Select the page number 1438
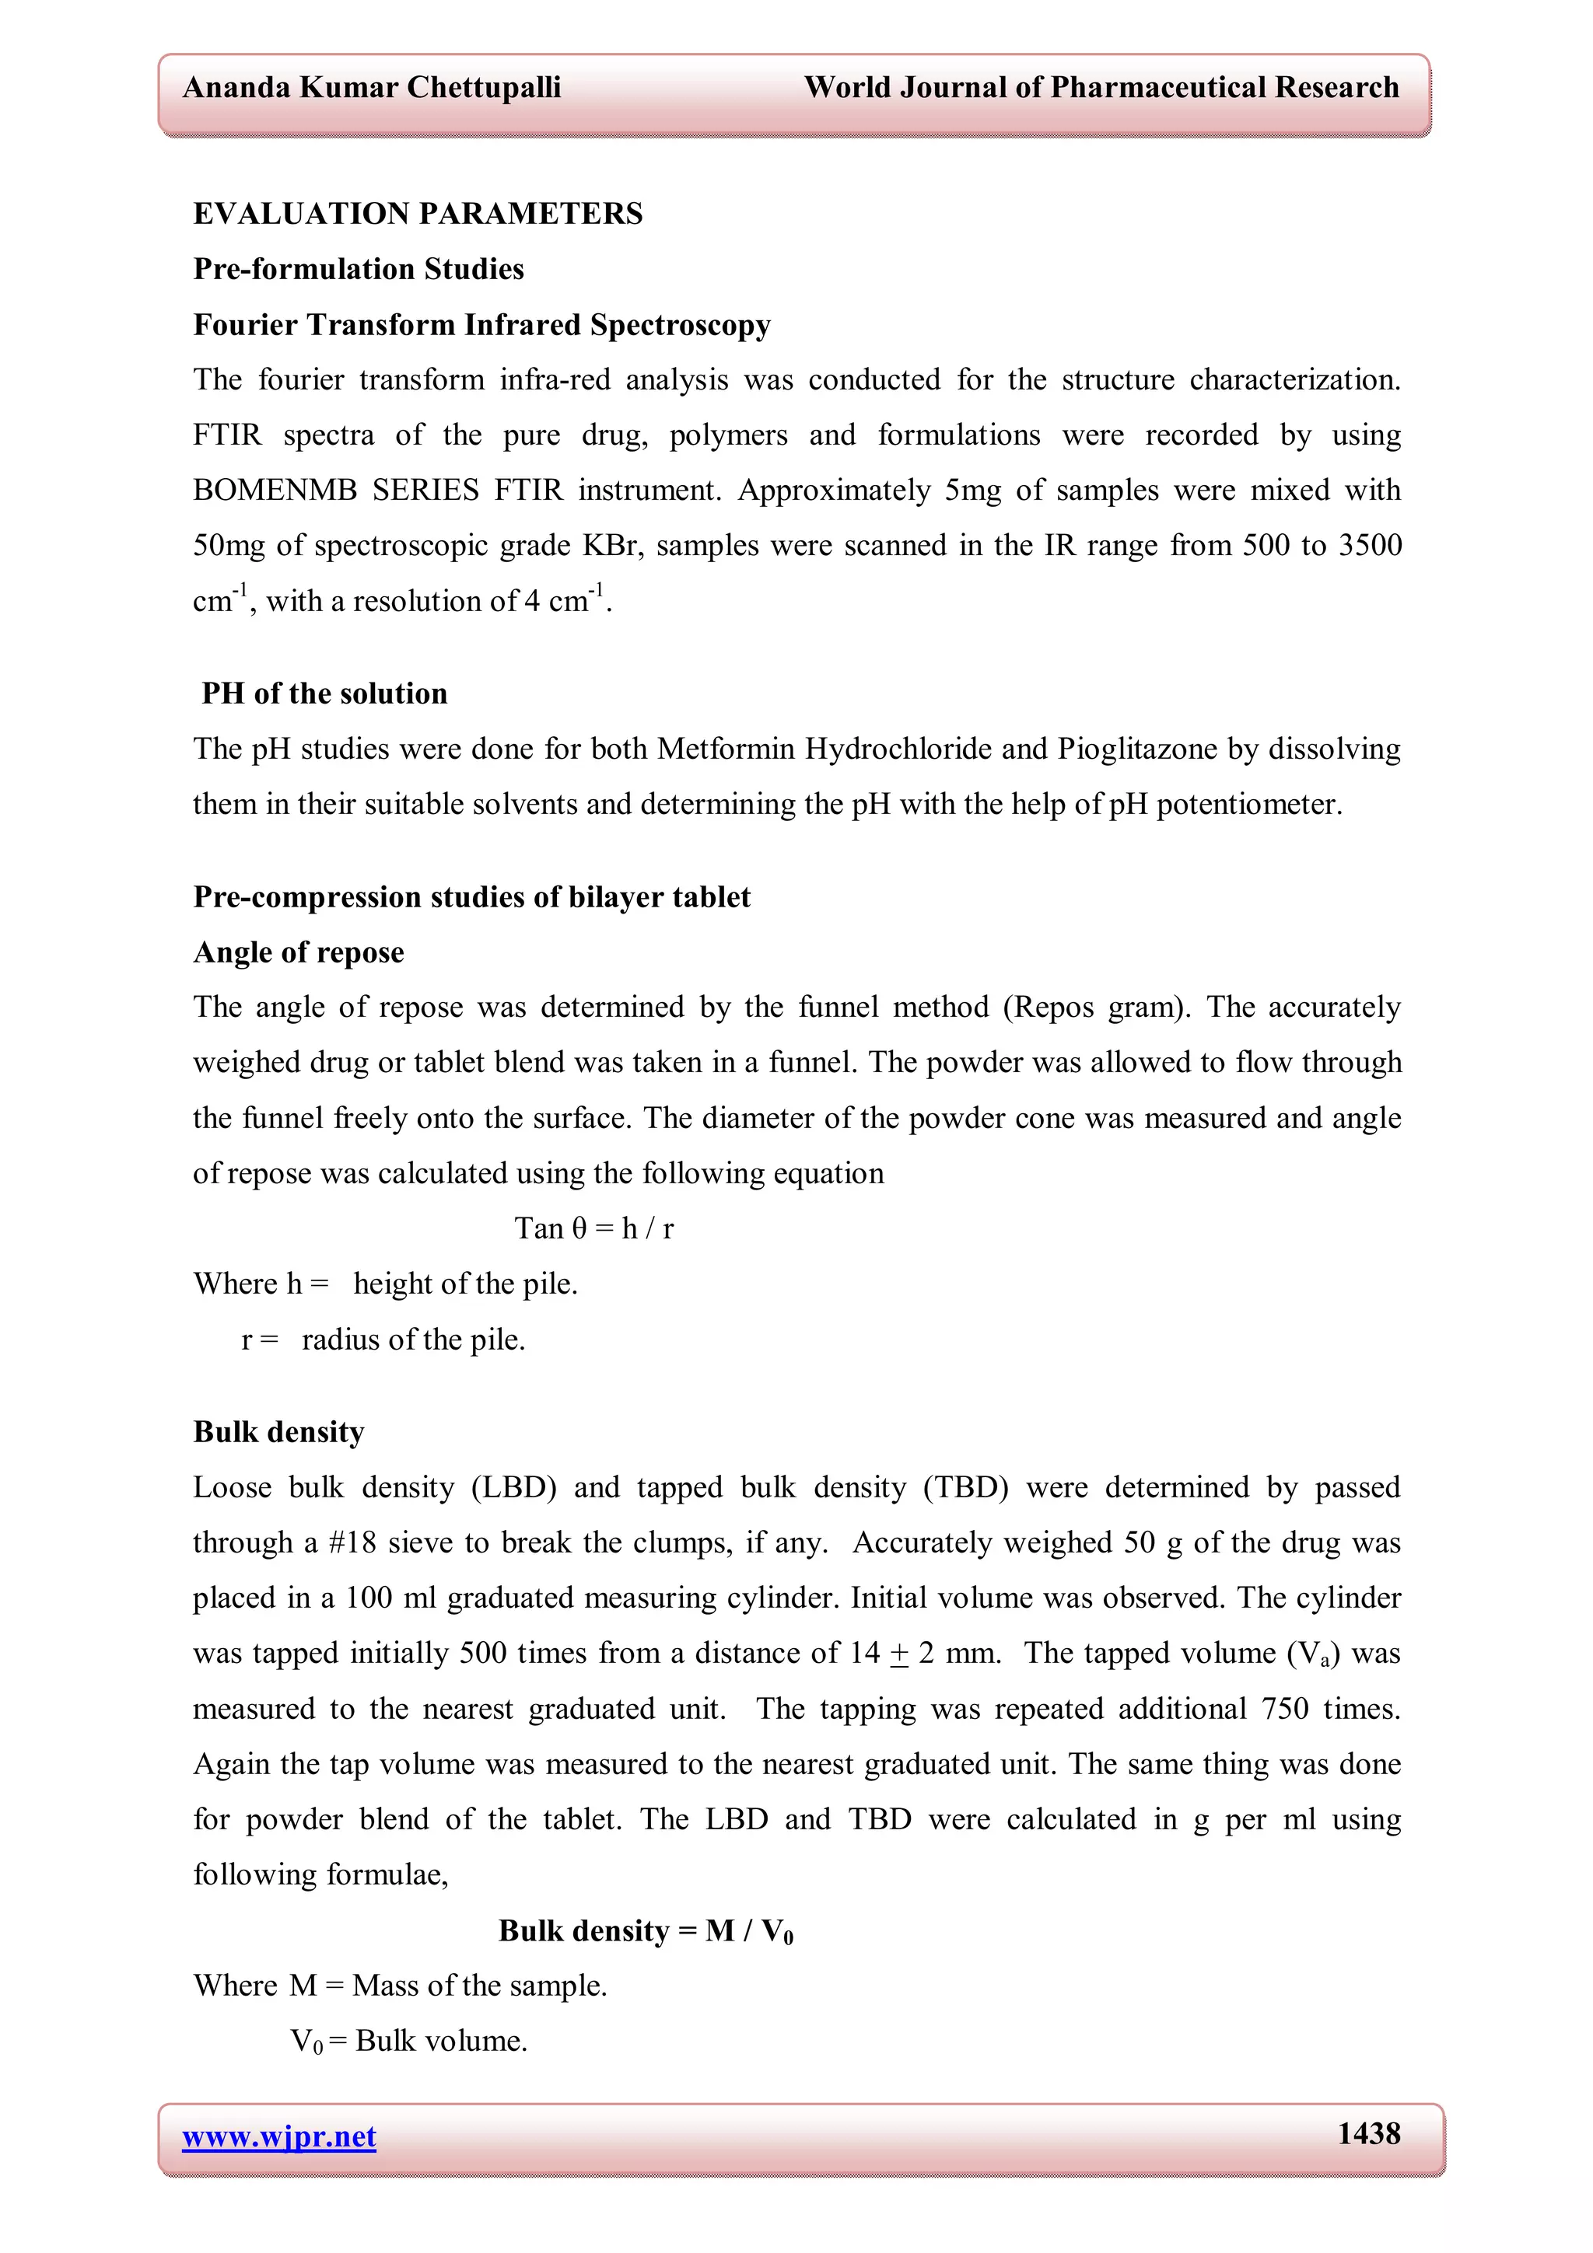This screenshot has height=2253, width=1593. pos(1368,2133)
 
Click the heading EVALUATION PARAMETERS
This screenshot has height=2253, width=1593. pos(418,214)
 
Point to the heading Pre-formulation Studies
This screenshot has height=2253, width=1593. pos(359,269)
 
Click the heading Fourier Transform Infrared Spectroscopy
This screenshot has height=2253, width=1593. pos(482,325)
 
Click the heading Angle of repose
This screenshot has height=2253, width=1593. pos(299,953)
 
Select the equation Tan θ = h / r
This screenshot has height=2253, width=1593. pos(593,1228)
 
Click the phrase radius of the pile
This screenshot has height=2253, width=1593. pos(413,1340)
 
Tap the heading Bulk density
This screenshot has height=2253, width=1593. pos(278,1433)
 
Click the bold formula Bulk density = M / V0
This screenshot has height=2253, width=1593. pos(646,1931)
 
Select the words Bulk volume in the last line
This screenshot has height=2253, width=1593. pos(441,2041)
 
